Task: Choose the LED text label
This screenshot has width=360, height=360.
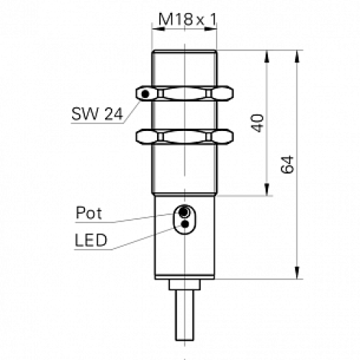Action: tap(90, 240)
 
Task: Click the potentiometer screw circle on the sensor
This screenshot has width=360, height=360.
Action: tap(185, 212)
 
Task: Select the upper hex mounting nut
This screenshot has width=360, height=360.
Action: tap(185, 94)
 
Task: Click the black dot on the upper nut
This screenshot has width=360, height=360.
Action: tap(146, 94)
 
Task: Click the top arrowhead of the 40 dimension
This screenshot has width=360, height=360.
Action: tap(268, 55)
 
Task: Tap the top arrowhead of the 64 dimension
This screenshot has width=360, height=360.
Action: tap(297, 55)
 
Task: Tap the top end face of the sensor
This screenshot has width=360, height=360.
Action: tap(185, 50)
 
